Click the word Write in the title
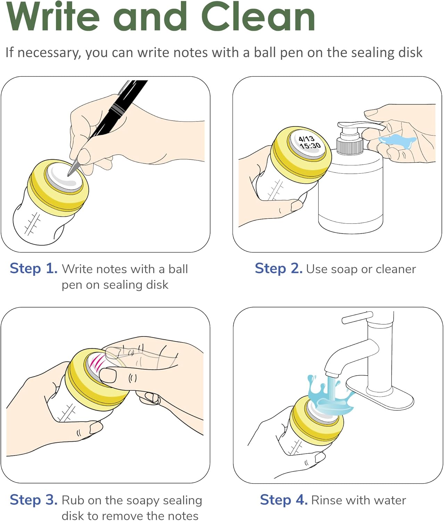[x=53, y=16]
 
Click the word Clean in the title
[x=258, y=16]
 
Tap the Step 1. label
[x=34, y=268]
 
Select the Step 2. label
[x=279, y=268]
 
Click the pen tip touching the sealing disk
[x=68, y=175]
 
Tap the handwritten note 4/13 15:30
[x=309, y=143]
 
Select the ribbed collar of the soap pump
[x=350, y=147]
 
